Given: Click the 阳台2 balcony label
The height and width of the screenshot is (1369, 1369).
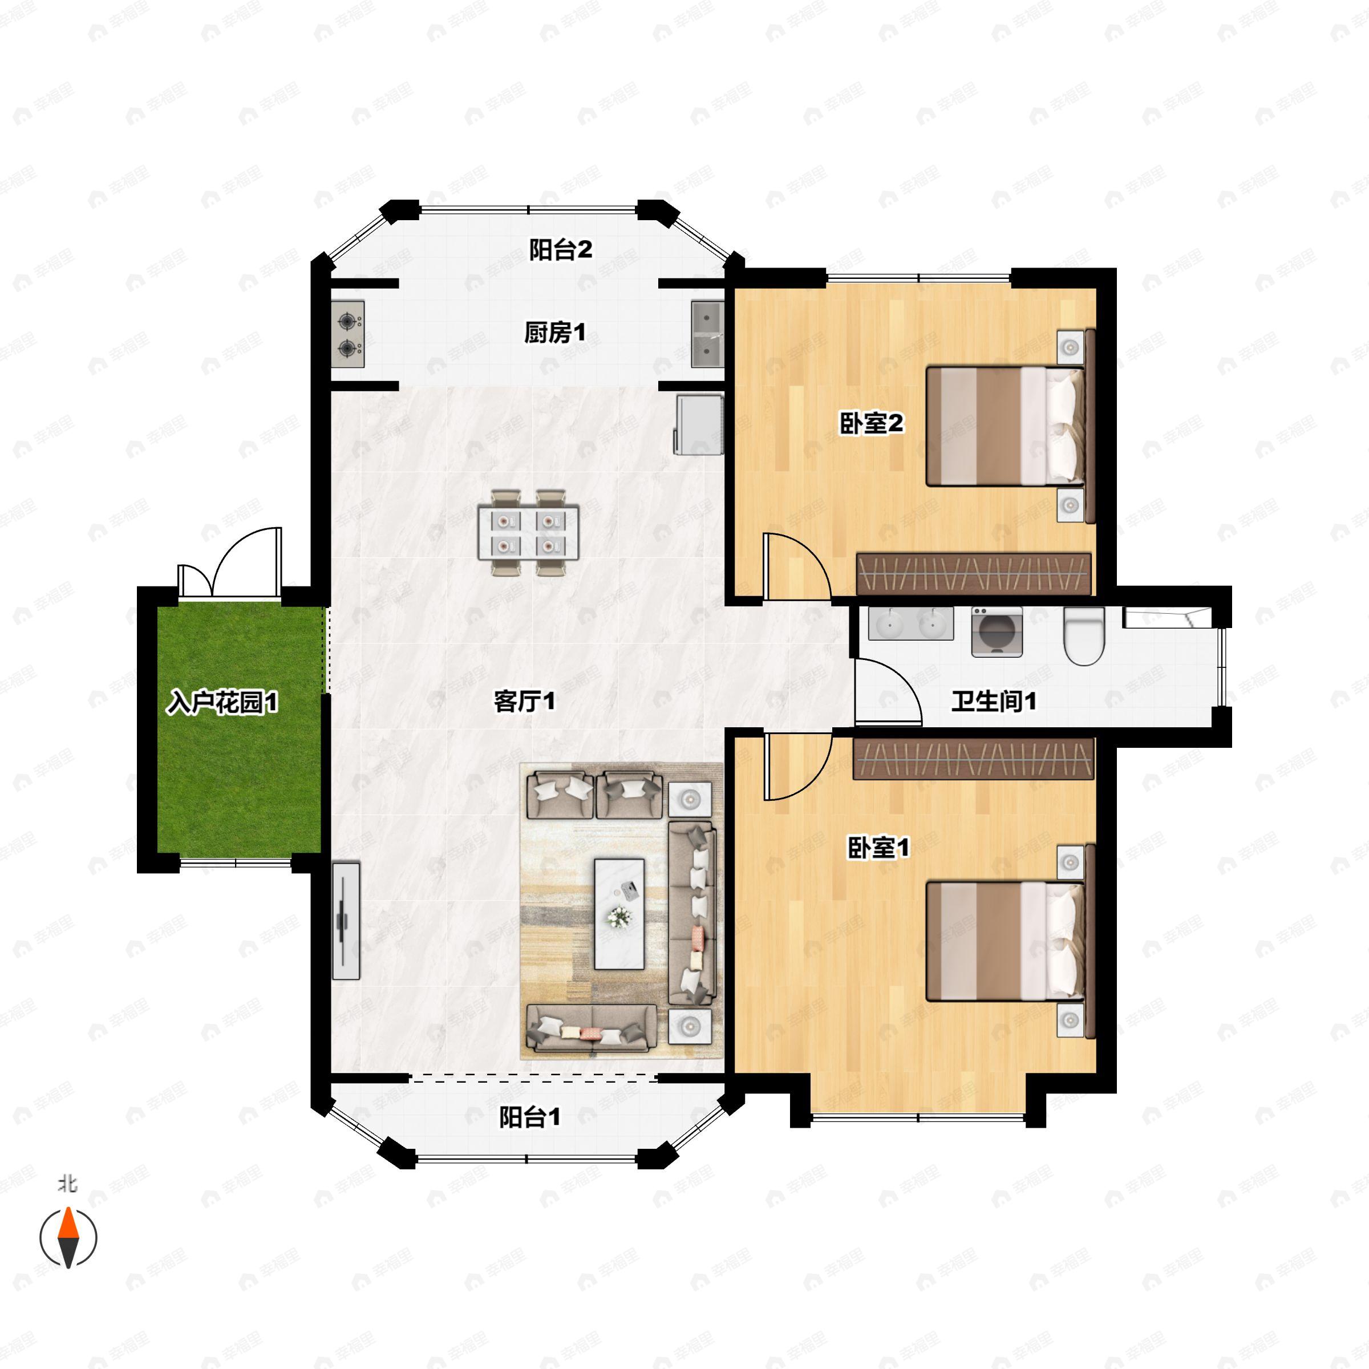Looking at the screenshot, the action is (561, 249).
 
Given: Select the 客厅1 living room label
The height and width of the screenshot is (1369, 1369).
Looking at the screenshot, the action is (524, 702).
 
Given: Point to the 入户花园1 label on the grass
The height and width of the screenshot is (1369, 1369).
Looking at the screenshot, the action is (222, 702).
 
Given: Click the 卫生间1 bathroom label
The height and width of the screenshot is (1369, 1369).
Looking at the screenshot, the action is (994, 702).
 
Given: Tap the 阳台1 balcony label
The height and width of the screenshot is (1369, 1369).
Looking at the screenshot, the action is (530, 1117).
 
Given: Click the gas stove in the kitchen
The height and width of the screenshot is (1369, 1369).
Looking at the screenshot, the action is (348, 334).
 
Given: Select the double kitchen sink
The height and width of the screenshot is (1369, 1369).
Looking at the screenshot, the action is (707, 334).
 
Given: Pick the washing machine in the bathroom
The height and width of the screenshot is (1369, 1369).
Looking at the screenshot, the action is (997, 631).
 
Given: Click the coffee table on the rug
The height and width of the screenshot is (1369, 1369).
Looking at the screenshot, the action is (619, 914).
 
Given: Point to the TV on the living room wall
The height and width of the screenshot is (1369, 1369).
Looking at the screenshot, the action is (346, 921).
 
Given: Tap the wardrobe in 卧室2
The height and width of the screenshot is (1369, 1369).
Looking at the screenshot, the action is (974, 574).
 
